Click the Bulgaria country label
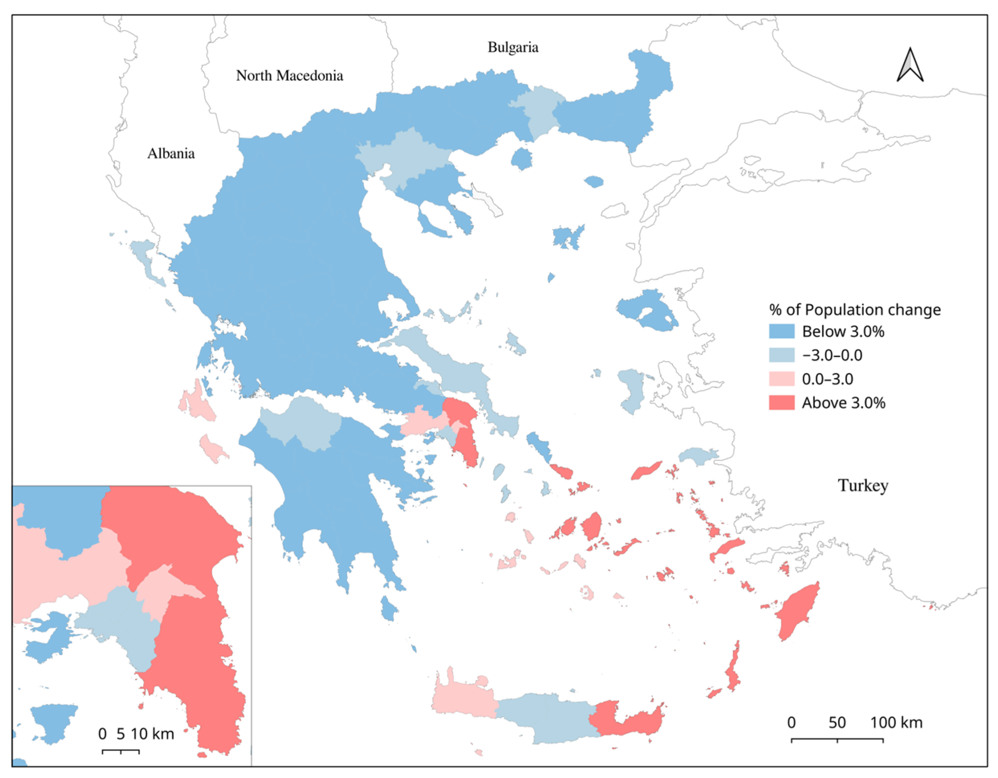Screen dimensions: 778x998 pyautogui.click(x=513, y=47)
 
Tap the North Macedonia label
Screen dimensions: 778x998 pyautogui.click(x=289, y=75)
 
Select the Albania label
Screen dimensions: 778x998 pyautogui.click(x=171, y=154)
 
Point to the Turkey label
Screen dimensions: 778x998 pyautogui.click(x=863, y=485)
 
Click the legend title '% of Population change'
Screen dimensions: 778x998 pyautogui.click(x=854, y=310)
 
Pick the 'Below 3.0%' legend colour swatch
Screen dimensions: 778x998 pyautogui.click(x=781, y=331)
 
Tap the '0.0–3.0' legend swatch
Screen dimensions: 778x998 pyautogui.click(x=781, y=379)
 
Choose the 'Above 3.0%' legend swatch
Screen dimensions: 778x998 pyautogui.click(x=781, y=403)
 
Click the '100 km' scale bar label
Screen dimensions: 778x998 pyautogui.click(x=896, y=723)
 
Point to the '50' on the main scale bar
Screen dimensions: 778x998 pyautogui.click(x=837, y=723)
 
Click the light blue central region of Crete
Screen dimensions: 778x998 pyautogui.click(x=546, y=715)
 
